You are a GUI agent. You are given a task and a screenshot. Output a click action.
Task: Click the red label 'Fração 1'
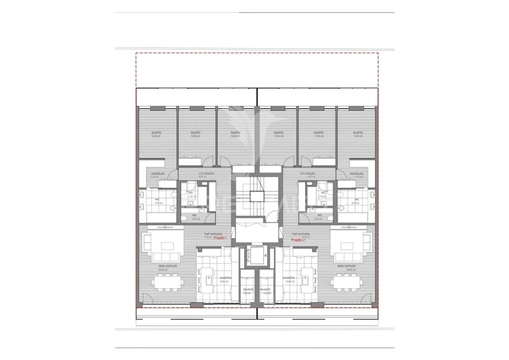(x=220, y=238)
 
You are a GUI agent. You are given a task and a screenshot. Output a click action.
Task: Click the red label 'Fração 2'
(x=297, y=240)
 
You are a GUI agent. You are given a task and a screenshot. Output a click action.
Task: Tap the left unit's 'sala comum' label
(x=163, y=266)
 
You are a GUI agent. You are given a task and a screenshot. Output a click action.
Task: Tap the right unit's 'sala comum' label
(x=346, y=266)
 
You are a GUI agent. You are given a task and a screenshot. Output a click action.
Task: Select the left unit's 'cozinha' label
(x=225, y=278)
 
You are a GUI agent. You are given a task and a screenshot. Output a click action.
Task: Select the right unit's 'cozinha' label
(x=288, y=278)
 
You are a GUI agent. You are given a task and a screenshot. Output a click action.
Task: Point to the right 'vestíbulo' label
(x=356, y=173)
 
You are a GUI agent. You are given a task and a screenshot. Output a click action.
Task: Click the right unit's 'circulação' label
(x=307, y=173)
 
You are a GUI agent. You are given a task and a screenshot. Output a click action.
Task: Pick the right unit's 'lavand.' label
(x=265, y=289)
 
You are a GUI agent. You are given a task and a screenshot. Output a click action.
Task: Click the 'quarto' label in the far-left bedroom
(x=156, y=132)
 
